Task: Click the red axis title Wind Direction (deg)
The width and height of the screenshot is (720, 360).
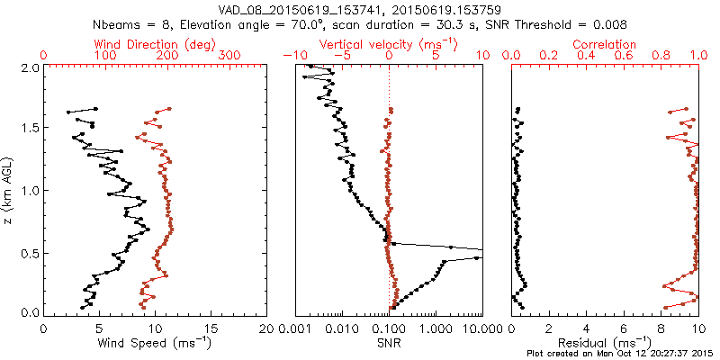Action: tap(155, 44)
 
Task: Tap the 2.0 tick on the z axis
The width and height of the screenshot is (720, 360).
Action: tap(30, 67)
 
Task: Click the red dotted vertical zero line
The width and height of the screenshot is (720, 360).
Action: tap(390, 180)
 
